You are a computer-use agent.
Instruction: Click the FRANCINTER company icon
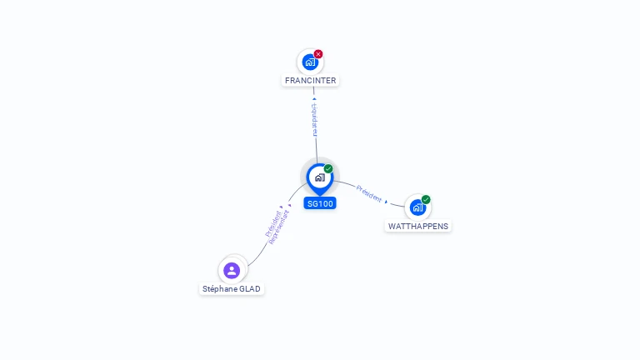click(310, 62)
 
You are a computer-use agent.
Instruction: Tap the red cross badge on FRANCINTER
click(318, 54)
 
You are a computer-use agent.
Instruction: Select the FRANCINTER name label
click(310, 81)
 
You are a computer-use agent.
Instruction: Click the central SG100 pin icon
click(319, 177)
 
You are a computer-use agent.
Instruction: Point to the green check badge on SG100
click(328, 168)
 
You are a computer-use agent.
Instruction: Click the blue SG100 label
click(320, 203)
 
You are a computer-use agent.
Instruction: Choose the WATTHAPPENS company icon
click(417, 207)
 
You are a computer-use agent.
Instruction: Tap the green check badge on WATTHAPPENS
click(426, 199)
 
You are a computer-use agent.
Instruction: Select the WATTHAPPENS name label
click(418, 227)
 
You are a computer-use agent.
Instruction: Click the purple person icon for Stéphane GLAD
click(232, 270)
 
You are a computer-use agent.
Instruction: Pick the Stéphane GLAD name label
click(232, 289)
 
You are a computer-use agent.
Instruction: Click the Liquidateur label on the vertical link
click(315, 120)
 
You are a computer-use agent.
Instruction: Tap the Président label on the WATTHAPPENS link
click(368, 193)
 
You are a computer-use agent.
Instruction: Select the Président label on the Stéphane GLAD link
click(272, 224)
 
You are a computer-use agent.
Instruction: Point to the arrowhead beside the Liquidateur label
click(314, 99)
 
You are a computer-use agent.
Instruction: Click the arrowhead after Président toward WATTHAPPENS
click(387, 202)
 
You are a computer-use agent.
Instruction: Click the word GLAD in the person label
click(250, 289)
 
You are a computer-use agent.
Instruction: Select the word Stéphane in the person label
click(219, 289)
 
